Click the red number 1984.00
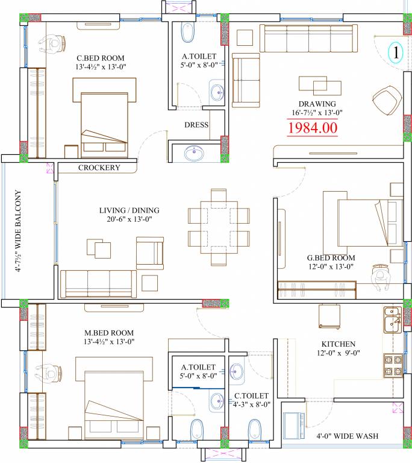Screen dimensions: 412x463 (x=312, y=128)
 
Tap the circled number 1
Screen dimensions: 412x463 (x=396, y=52)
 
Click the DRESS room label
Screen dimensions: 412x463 (x=196, y=125)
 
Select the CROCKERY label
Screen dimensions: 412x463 (x=99, y=168)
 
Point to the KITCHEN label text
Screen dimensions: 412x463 (x=339, y=344)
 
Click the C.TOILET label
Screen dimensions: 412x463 (x=251, y=395)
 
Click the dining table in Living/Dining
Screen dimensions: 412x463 (x=219, y=227)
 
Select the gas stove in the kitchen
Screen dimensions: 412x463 (x=393, y=365)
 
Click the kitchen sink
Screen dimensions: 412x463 (x=393, y=320)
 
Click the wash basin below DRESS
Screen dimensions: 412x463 (x=194, y=153)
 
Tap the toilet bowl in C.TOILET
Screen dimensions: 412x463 (x=254, y=430)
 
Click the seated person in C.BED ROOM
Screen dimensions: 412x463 (x=52, y=43)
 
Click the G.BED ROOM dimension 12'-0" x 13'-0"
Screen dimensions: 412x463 (x=331, y=266)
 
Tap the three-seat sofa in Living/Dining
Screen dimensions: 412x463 (x=98, y=283)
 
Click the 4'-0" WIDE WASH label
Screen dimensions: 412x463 (x=348, y=436)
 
